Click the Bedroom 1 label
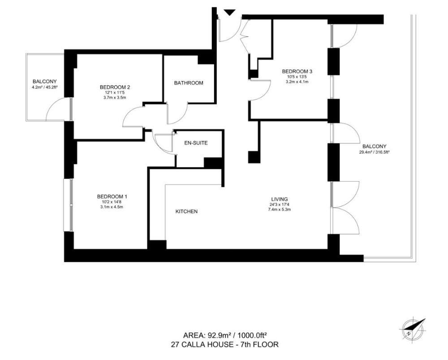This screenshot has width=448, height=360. (112, 196)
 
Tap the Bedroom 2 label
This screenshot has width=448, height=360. (115, 87)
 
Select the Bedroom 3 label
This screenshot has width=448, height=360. (297, 71)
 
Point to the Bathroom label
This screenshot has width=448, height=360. (189, 83)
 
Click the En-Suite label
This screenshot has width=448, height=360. (196, 143)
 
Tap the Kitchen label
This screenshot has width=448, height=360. (186, 212)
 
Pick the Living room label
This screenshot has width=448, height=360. (280, 199)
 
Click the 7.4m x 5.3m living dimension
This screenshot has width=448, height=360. (280, 209)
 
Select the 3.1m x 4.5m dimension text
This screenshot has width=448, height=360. (112, 207)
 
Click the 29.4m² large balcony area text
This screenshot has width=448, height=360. (374, 152)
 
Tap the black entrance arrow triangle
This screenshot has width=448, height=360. (229, 12)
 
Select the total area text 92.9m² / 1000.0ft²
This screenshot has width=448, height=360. (225, 335)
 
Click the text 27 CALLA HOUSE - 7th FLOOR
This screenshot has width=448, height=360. (224, 344)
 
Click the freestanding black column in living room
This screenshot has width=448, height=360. (254, 157)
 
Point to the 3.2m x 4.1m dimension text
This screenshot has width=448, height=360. (297, 82)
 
